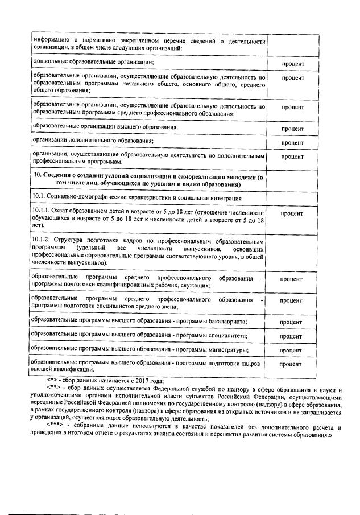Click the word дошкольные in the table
pyautogui.click(x=50, y=61)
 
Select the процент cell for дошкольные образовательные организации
pyautogui.click(x=293, y=64)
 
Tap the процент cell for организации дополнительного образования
pyautogui.click(x=293, y=142)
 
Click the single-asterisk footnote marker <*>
pyautogui.click(x=52, y=381)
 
